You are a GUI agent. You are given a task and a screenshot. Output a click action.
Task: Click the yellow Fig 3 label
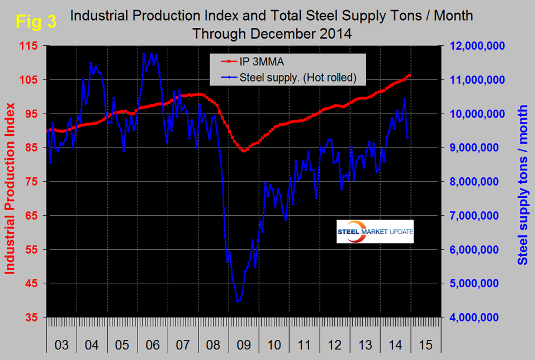tap(35, 22)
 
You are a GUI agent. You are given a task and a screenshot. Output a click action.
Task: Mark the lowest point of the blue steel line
tap(238, 302)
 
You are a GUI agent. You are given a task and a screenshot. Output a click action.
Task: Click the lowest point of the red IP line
tap(244, 151)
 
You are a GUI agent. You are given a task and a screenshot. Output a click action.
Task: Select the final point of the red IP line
tap(410, 75)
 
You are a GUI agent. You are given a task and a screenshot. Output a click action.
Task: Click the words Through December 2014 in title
tap(272, 33)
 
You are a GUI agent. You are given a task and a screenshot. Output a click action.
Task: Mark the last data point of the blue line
tap(408, 138)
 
